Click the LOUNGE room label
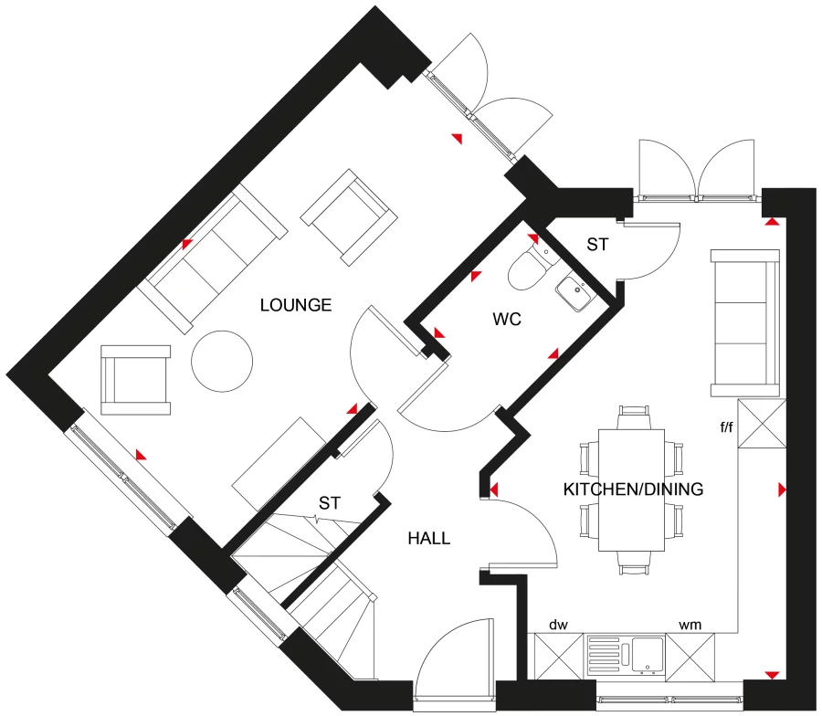295,305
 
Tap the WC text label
507,320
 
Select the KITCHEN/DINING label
633,490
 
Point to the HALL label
428,539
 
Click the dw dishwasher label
558,625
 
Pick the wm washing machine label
689,625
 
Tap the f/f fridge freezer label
727,426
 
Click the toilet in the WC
531,267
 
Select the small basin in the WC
575,292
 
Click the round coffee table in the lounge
221,362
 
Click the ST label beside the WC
597,245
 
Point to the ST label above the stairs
330,503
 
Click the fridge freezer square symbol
762,425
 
